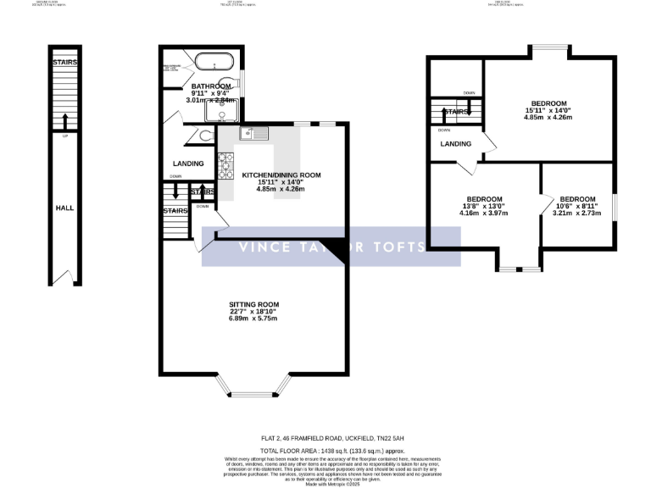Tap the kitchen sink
(x=253, y=133)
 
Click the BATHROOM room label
(x=209, y=86)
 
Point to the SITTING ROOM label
(x=253, y=304)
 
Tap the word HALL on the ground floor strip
(x=64, y=208)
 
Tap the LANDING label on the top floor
(x=455, y=144)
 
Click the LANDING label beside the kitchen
(x=188, y=164)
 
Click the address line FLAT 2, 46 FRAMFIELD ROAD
(x=325, y=437)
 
